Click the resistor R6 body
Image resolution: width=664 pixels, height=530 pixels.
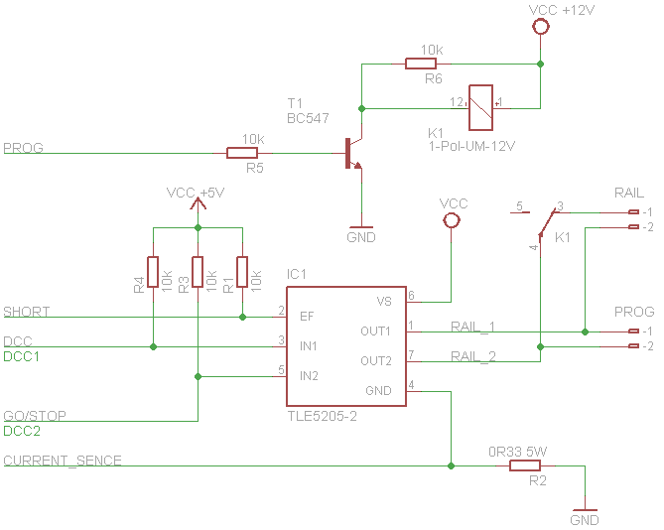click(421, 65)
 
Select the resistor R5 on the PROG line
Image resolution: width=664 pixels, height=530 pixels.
click(242, 153)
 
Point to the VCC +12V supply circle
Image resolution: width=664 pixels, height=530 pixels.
click(541, 28)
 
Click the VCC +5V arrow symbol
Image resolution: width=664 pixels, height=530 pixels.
click(198, 205)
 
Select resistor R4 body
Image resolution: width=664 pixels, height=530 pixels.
click(153, 271)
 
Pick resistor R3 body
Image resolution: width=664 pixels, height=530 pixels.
click(198, 271)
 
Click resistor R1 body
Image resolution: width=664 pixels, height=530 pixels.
click(242, 271)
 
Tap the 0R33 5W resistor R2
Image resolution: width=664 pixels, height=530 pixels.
click(525, 464)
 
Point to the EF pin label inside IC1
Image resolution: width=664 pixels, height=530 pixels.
click(307, 317)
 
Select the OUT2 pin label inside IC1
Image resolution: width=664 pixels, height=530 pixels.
click(375, 360)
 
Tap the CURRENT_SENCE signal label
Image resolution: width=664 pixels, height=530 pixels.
click(63, 461)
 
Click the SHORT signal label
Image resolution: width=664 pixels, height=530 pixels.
click(27, 312)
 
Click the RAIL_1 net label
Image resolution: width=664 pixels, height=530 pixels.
click(472, 326)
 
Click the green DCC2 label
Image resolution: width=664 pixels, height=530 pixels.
click(21, 431)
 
